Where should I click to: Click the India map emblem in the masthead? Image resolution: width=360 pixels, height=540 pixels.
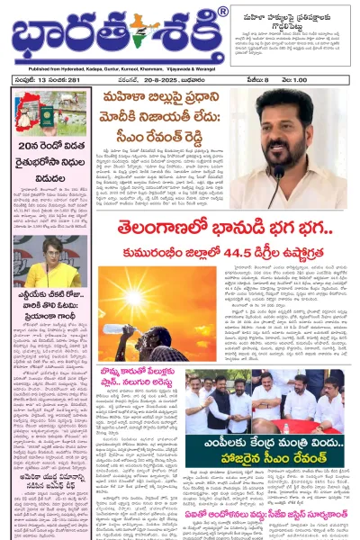click(143, 33)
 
